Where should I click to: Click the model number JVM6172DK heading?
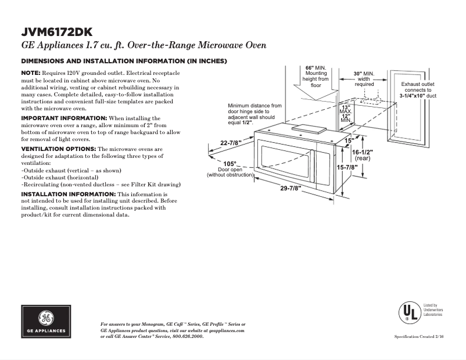[56, 32]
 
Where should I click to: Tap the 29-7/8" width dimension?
[292, 189]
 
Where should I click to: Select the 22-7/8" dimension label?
[231, 143]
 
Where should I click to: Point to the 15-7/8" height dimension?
[347, 167]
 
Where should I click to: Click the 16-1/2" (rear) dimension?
[362, 154]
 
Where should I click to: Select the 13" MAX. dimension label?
[346, 110]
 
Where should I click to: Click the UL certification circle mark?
[409, 313]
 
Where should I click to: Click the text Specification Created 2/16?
[419, 337]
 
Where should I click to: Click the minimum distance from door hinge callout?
[254, 114]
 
